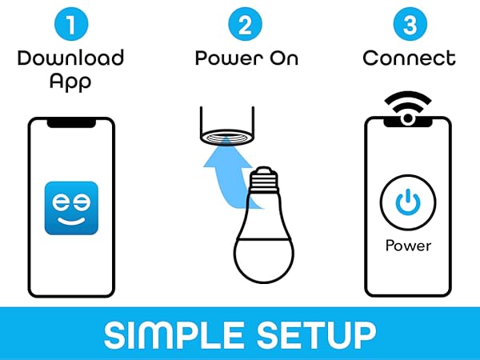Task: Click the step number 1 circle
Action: point(71,24)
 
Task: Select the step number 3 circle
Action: point(409,24)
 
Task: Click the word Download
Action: point(71,58)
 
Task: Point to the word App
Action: point(71,81)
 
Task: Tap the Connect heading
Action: point(409,58)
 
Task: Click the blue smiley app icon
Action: point(71,208)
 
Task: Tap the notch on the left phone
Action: point(71,123)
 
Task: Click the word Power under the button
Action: point(409,246)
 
